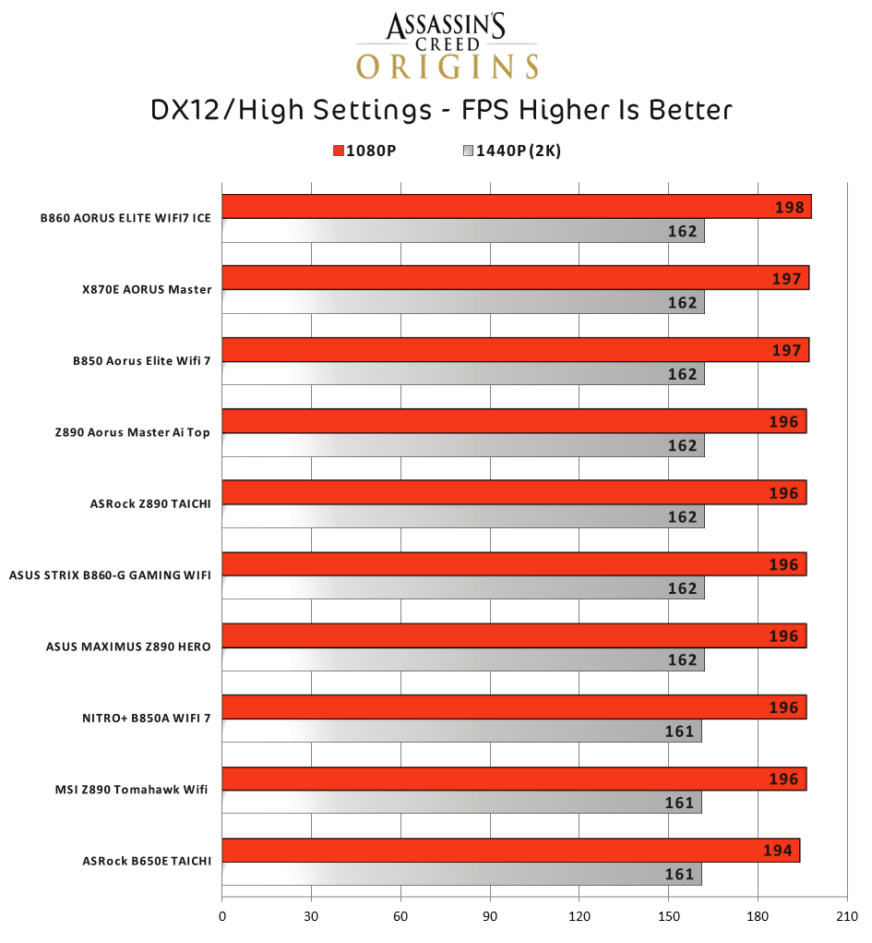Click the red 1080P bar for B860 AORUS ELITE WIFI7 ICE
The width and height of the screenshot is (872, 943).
[x=498, y=207]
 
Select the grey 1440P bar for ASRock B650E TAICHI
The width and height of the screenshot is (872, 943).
[x=461, y=874]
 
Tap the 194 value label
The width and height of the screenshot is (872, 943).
[x=778, y=851]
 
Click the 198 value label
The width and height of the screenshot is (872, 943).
[x=790, y=207]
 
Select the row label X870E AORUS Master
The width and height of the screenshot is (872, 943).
[x=146, y=289]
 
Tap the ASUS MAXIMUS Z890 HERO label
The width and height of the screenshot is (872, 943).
[x=128, y=647]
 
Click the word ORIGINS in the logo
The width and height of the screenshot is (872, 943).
[x=448, y=67]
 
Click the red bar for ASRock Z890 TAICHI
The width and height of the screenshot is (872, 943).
[x=498, y=492]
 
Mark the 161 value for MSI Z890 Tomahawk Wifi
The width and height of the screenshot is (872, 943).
[x=679, y=803]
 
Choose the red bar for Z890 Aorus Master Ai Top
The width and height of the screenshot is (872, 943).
[x=498, y=421]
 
